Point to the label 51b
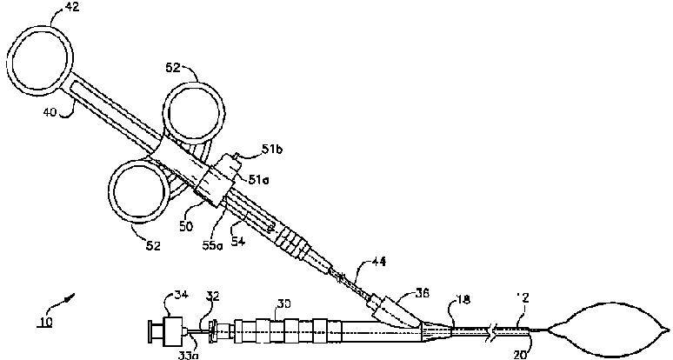(x=271, y=151)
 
